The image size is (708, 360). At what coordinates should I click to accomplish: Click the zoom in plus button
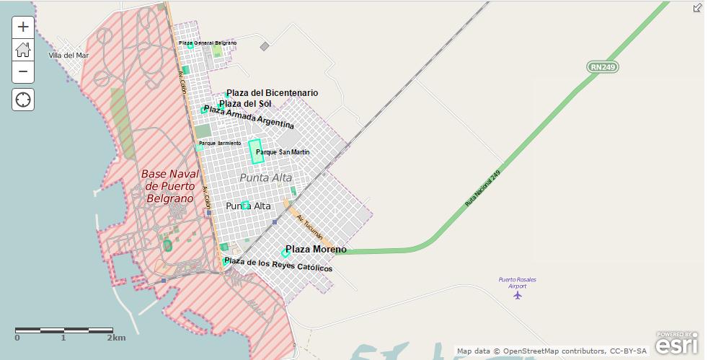(x=23, y=27)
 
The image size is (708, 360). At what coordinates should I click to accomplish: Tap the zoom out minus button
(x=23, y=71)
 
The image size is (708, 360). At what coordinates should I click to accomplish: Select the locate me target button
(x=23, y=100)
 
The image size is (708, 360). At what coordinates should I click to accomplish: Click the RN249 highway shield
(x=603, y=67)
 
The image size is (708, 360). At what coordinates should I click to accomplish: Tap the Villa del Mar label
(x=68, y=55)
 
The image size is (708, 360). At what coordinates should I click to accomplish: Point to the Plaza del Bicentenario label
(x=272, y=93)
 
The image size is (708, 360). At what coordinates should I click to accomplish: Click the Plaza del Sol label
(x=245, y=104)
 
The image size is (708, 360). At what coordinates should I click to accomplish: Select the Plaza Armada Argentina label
(x=249, y=117)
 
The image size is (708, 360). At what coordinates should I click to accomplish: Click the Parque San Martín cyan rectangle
(x=255, y=152)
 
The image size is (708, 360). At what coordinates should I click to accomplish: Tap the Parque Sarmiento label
(x=220, y=143)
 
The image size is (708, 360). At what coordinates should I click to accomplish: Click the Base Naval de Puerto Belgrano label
(x=169, y=186)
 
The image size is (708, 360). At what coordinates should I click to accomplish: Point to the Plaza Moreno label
(x=316, y=250)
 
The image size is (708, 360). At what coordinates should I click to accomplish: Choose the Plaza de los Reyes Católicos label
(x=278, y=264)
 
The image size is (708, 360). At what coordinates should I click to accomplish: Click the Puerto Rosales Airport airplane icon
(x=517, y=294)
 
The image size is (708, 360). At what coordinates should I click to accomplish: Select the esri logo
(x=676, y=344)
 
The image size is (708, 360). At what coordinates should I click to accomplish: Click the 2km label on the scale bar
(x=116, y=338)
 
